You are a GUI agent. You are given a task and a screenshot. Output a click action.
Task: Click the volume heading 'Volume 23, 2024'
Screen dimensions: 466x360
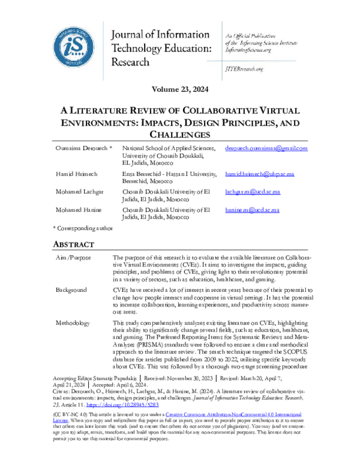tap(179, 89)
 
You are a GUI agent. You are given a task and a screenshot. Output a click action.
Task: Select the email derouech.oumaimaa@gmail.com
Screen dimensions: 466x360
tap(266, 148)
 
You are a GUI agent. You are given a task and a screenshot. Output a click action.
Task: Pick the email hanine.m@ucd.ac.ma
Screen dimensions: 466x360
tap(252, 210)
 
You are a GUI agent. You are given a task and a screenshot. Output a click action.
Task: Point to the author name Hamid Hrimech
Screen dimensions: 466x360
tap(77, 173)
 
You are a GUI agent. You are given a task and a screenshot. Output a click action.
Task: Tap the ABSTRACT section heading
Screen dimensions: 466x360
tap(74, 244)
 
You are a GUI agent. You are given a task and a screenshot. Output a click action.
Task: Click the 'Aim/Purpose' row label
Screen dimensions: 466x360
tap(74, 256)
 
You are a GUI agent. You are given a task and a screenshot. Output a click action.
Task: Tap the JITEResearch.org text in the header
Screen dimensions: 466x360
tap(244, 70)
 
